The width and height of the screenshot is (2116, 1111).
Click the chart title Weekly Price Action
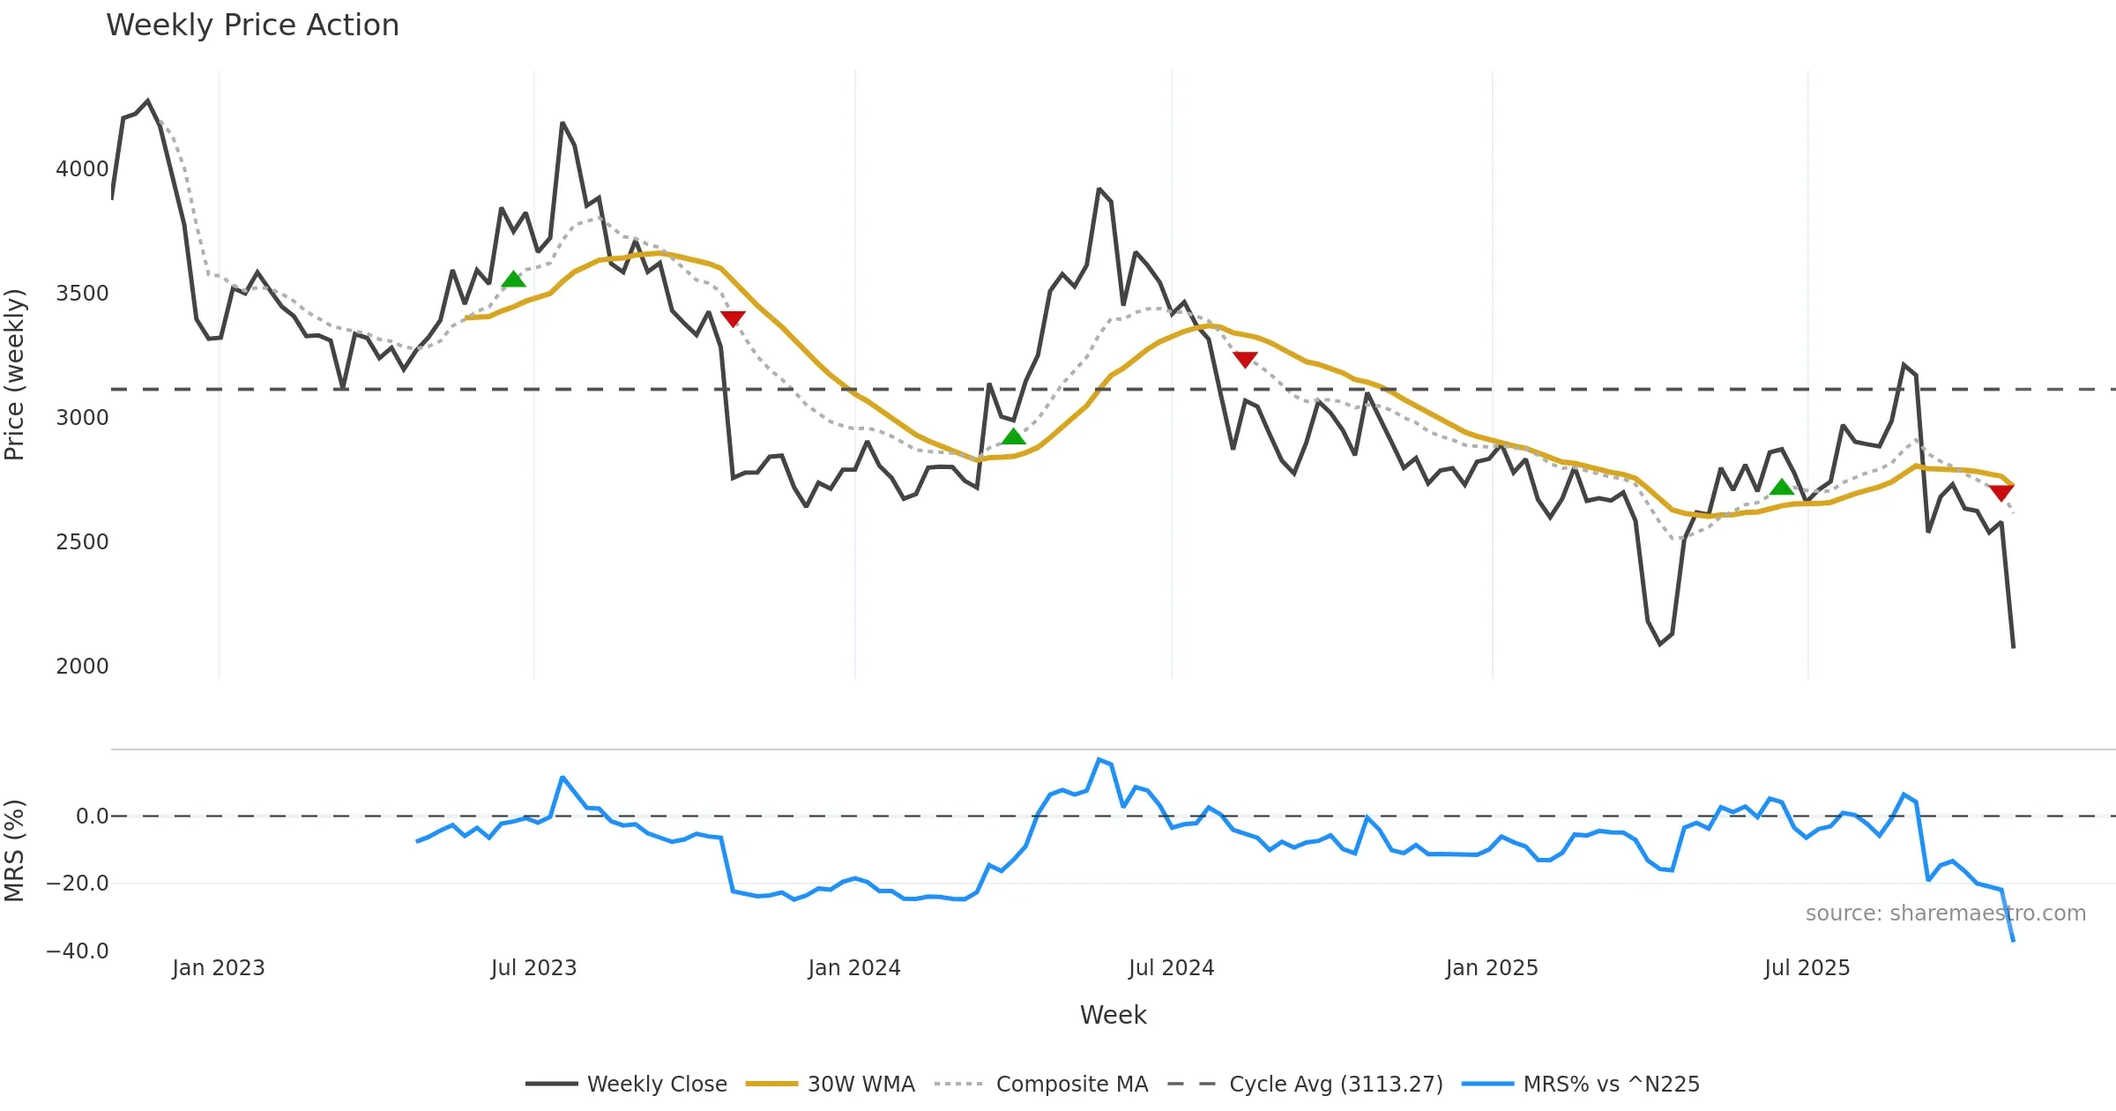(x=252, y=26)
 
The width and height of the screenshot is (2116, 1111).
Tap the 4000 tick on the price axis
(x=82, y=169)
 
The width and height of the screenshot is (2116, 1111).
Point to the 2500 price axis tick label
(x=82, y=542)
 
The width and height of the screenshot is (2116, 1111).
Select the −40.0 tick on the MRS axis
(x=78, y=951)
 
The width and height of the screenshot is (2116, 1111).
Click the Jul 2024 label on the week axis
(x=1171, y=968)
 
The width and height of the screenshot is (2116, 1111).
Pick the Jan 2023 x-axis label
(x=218, y=968)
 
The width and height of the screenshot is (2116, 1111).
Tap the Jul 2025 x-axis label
(x=1807, y=968)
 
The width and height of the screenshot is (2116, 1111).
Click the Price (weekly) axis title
(x=15, y=375)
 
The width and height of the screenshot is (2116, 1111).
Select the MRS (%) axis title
(x=15, y=851)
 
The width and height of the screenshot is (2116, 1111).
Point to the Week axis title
(x=1113, y=1016)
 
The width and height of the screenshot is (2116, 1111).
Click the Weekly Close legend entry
(x=627, y=1085)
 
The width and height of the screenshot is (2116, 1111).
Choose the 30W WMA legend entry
(x=831, y=1085)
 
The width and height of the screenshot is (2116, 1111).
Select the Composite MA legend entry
(x=1041, y=1085)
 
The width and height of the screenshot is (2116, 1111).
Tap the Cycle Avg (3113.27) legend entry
(x=1305, y=1085)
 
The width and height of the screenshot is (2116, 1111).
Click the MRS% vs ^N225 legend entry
(x=1581, y=1085)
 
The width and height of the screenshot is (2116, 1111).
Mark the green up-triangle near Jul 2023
(x=513, y=280)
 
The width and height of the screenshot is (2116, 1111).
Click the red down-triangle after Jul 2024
(x=1245, y=359)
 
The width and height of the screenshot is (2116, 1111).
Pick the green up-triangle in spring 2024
(x=1013, y=436)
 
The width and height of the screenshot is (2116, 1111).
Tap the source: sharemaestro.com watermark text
(x=1945, y=913)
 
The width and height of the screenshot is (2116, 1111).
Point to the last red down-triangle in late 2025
(x=2001, y=492)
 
